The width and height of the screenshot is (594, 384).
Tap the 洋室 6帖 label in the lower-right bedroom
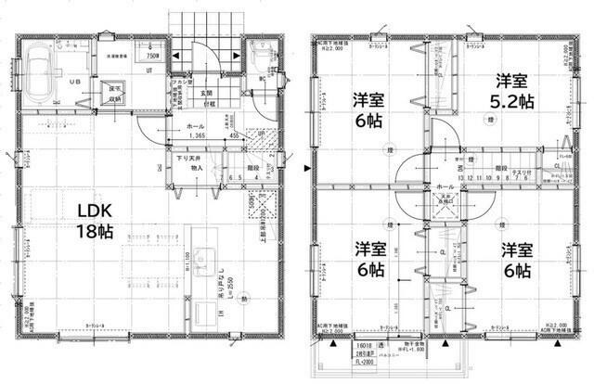516,261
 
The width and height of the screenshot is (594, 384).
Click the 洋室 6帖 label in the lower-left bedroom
370,261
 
